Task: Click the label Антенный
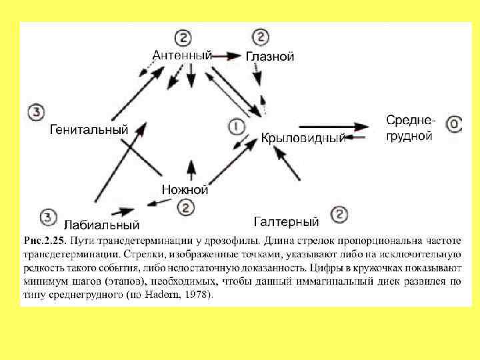click(x=182, y=55)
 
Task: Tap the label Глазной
click(x=270, y=57)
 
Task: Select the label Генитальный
click(x=89, y=130)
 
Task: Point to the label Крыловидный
click(x=303, y=139)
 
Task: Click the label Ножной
click(x=185, y=190)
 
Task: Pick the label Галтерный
click(x=287, y=221)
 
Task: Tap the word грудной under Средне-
click(x=409, y=135)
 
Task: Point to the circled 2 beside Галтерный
click(x=339, y=215)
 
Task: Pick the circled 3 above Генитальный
click(x=37, y=111)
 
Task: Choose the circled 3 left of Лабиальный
click(x=47, y=217)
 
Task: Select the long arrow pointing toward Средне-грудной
click(x=333, y=126)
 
